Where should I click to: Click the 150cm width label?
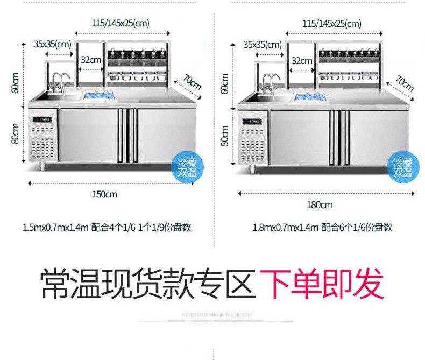[x=104, y=194]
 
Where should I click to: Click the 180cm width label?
[x=320, y=204]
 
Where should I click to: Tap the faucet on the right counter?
[x=271, y=82]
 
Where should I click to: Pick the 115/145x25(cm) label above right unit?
[x=331, y=24]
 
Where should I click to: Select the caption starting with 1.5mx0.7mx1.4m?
[x=107, y=228]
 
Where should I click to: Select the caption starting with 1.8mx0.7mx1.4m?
[x=322, y=228]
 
